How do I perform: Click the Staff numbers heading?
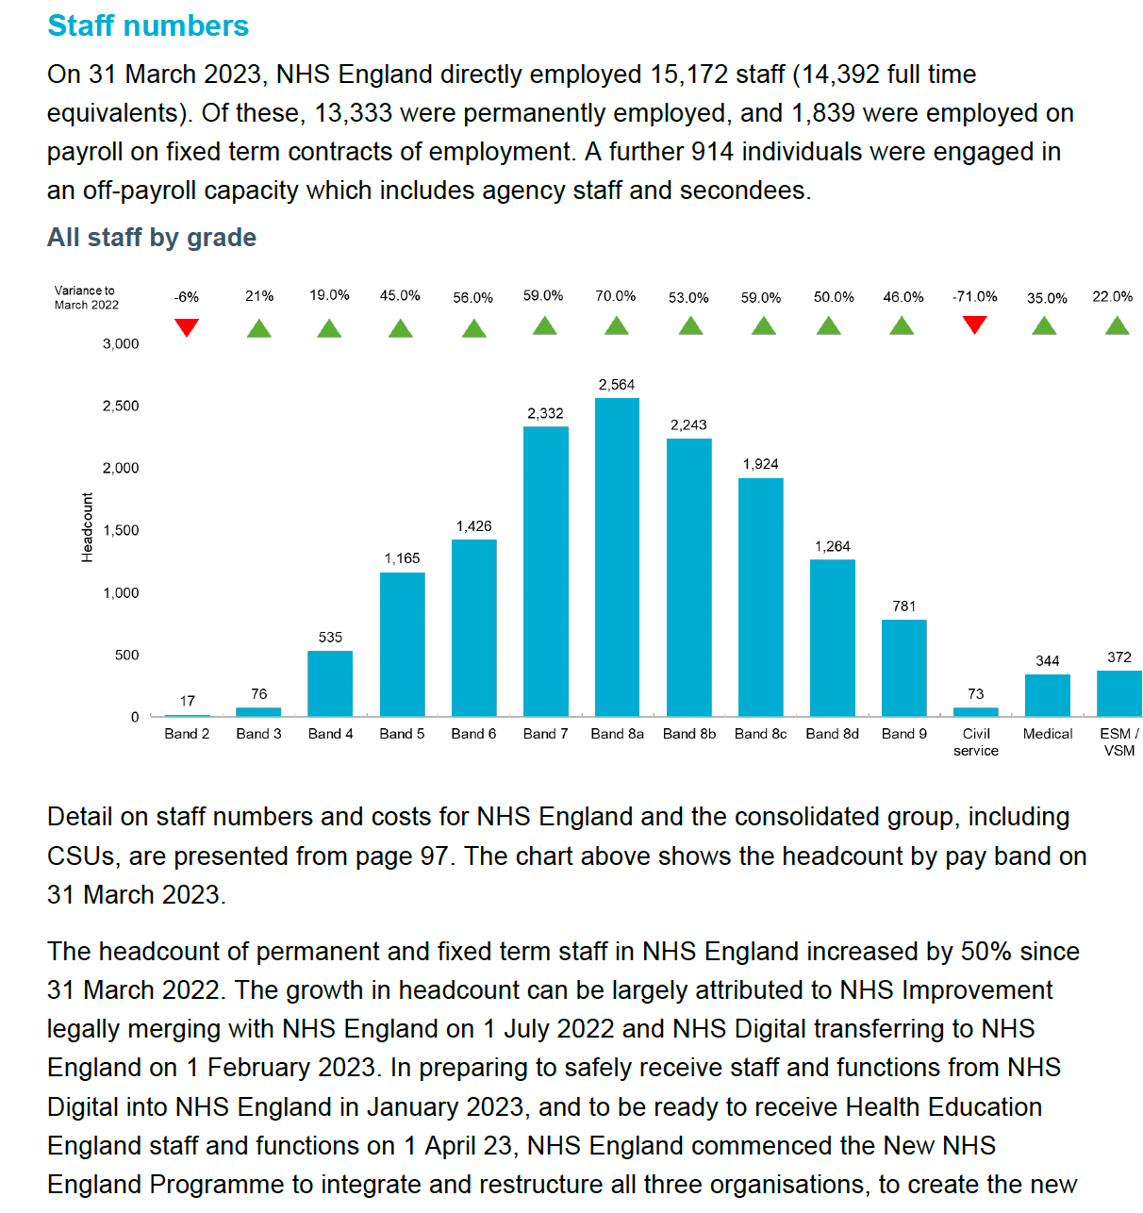click(148, 25)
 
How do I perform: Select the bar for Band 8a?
click(617, 557)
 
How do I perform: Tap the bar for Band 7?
click(545, 571)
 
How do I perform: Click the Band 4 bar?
click(330, 683)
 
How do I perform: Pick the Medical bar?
click(1047, 695)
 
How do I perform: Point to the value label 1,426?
click(473, 526)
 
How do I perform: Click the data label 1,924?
click(760, 464)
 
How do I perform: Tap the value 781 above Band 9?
click(903, 606)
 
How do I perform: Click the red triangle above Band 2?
click(187, 327)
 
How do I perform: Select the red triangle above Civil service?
click(974, 324)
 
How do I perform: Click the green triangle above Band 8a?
click(616, 326)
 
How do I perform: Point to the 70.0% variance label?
click(615, 296)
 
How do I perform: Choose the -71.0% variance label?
click(974, 296)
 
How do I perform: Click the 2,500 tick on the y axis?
click(121, 406)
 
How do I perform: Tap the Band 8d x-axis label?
click(832, 734)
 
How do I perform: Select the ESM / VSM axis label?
click(1118, 741)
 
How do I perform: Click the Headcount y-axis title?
click(88, 527)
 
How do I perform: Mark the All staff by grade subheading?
click(152, 237)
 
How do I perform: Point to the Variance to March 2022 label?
click(86, 297)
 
